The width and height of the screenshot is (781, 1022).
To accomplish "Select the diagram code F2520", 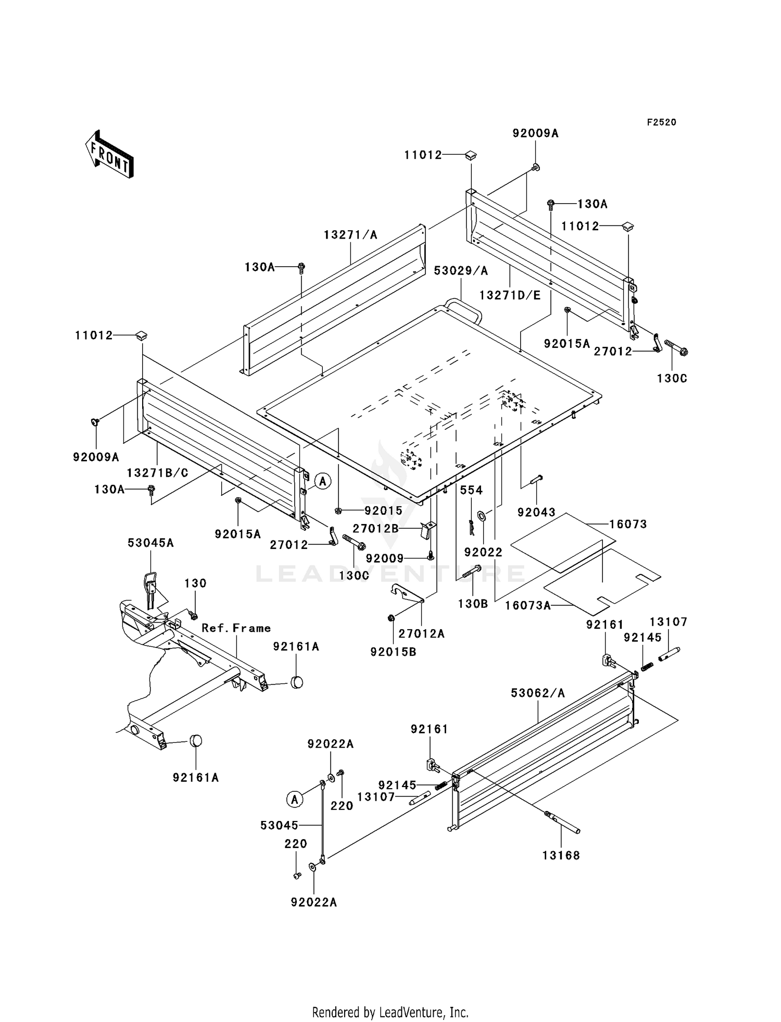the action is click(661, 122).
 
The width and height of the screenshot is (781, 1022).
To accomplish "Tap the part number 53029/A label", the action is click(461, 270).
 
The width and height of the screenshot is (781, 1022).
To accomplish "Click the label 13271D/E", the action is click(510, 295).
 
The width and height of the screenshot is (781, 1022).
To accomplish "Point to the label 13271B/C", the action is click(157, 472).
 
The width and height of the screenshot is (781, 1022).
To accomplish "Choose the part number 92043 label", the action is click(536, 512).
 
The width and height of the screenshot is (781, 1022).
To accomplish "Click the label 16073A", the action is click(528, 605).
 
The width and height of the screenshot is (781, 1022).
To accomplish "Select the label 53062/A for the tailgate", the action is click(538, 693).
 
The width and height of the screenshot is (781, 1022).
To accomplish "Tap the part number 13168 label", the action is click(561, 855).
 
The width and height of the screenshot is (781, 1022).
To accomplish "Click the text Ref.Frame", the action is click(236, 628).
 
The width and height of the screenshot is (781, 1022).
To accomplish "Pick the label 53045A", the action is click(150, 543).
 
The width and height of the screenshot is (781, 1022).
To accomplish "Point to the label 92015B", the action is click(393, 652).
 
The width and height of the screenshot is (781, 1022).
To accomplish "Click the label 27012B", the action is click(376, 529).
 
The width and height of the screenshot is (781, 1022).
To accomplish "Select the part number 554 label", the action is click(471, 490).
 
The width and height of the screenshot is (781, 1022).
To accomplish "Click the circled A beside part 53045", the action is click(295, 799).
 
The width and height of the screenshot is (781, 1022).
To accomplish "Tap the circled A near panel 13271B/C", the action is click(323, 481).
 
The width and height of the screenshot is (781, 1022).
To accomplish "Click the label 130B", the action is click(473, 604).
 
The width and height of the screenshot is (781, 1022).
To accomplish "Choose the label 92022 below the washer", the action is click(483, 552).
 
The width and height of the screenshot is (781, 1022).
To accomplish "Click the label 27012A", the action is click(422, 633).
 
